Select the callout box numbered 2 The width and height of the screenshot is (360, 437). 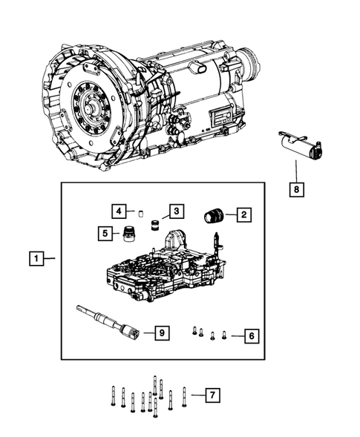coord(243,215)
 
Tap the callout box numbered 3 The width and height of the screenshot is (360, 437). coord(174,212)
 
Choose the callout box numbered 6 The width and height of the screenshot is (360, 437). coord(251,336)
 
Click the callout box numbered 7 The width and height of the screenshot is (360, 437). coord(212,395)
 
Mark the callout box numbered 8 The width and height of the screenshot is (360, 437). coord(296,189)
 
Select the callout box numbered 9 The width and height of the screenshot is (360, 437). coord(161,333)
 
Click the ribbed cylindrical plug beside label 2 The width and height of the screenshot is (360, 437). coord(214,216)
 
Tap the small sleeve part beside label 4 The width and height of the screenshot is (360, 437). coord(140,208)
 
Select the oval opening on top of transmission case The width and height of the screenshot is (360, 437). coord(200,68)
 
